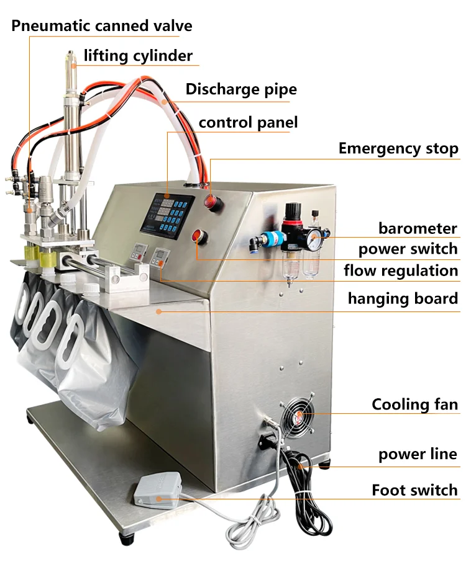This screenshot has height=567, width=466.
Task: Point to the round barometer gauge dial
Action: [x=316, y=236]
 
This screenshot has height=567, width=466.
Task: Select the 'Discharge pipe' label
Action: [x=241, y=89]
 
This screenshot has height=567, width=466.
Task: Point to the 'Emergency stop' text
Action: [x=398, y=149]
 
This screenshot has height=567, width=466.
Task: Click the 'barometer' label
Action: [x=418, y=228]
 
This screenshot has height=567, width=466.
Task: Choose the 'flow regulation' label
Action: [x=401, y=270]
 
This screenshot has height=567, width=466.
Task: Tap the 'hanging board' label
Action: [x=403, y=298]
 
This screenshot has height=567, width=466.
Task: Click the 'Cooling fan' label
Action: [x=414, y=405]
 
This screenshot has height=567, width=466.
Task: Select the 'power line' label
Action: [x=418, y=454]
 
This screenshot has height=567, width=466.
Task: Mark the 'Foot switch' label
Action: [x=414, y=490]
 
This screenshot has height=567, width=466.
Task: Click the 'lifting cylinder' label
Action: [x=138, y=56]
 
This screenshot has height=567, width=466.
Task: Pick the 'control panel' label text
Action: [x=248, y=122]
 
